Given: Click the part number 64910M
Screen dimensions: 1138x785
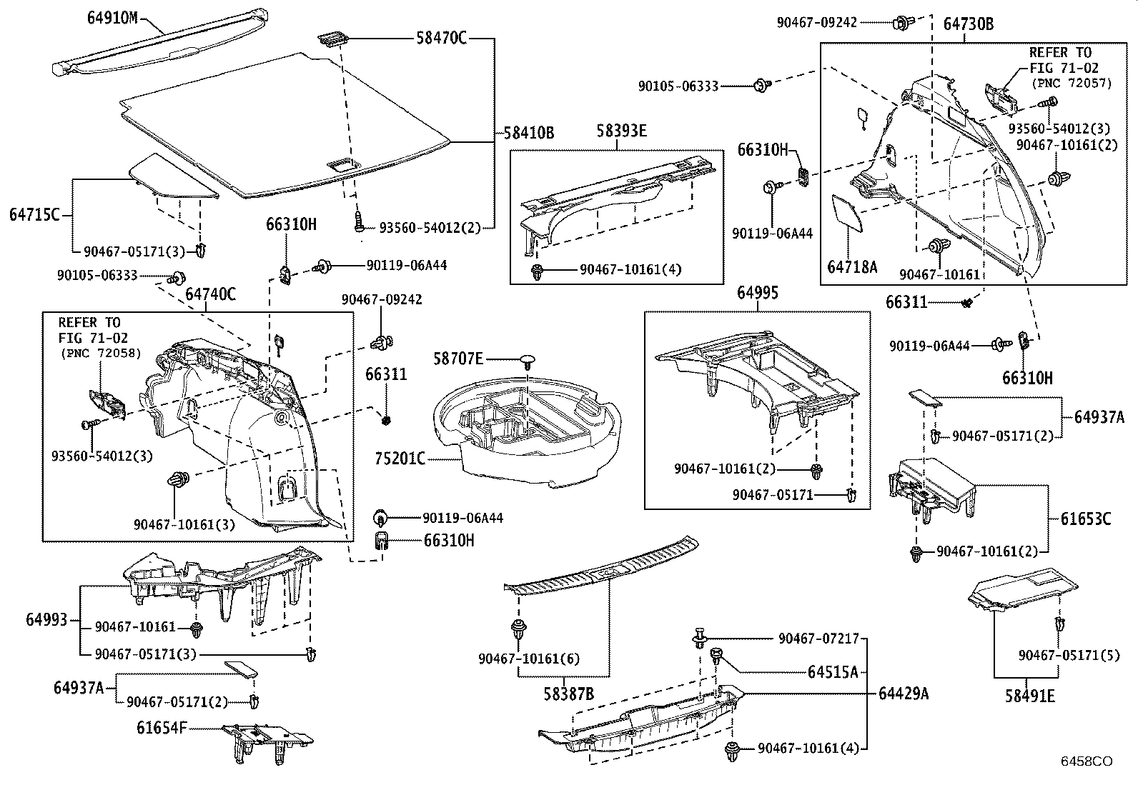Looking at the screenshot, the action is tap(112, 19).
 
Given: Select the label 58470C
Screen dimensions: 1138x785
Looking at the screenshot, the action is tap(441, 38).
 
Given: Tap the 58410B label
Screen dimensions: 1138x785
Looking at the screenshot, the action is tap(529, 133).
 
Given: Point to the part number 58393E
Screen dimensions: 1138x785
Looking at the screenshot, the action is tap(621, 131).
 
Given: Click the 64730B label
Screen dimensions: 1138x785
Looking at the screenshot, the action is tap(969, 24).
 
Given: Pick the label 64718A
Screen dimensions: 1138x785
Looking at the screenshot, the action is tap(852, 266).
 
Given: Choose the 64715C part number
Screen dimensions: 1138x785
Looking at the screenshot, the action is tap(34, 215).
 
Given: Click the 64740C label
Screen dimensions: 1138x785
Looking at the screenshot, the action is tap(210, 294).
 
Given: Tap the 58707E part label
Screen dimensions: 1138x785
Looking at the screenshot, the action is tap(457, 359).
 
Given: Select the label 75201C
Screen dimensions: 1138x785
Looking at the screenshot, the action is tap(400, 459).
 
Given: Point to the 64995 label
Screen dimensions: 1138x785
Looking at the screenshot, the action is tap(758, 292).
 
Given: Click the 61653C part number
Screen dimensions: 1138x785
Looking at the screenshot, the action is tap(1086, 519).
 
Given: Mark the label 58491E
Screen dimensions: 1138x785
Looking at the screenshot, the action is tap(1030, 696).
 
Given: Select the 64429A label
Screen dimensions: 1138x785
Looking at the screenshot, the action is tap(904, 693).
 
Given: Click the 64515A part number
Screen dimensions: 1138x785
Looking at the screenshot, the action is tap(833, 671).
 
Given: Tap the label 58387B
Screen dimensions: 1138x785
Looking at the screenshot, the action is tap(568, 694).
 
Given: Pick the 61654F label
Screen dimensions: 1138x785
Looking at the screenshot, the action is tap(162, 728).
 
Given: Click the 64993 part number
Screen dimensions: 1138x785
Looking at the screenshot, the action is tap(46, 619).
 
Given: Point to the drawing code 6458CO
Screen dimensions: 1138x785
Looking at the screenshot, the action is tap(1087, 761).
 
